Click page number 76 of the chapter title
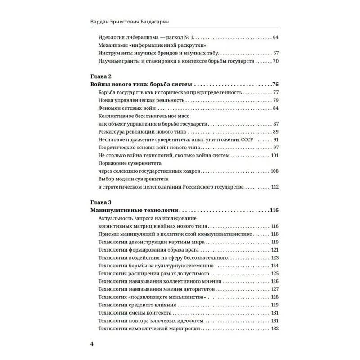pyautogui.click(x=276, y=84)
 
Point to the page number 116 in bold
pyautogui.click(x=274, y=210)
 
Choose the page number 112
pyautogui.click(x=275, y=187)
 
